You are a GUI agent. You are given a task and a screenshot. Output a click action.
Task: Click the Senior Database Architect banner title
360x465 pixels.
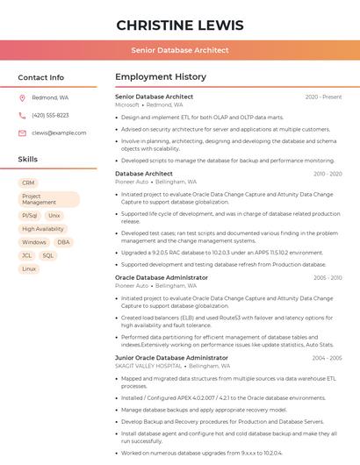[180, 51]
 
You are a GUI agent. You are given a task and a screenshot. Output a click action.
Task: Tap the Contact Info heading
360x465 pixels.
[41, 77]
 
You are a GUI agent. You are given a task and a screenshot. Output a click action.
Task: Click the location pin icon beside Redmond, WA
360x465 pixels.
[22, 98]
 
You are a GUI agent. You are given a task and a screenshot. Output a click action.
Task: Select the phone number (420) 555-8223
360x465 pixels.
[50, 115]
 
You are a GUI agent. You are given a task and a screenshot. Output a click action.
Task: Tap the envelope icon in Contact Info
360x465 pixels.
[22, 132]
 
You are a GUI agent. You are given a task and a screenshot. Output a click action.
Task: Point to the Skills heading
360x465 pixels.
[28, 160]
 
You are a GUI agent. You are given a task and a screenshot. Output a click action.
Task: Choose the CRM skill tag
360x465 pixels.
[29, 183]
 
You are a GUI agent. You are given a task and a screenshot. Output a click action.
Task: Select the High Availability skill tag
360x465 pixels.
[43, 229]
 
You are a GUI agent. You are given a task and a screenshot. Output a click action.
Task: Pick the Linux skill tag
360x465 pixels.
[29, 268]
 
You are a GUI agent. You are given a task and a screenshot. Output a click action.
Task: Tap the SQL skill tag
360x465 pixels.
[48, 255]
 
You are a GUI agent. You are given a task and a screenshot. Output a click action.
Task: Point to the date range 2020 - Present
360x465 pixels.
[323, 97]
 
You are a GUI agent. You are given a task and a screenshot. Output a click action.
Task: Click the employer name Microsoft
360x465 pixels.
[127, 104]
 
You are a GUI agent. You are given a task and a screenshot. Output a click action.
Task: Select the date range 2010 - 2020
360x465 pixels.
[328, 174]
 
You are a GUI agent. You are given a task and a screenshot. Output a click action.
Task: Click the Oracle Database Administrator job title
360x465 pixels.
[162, 277]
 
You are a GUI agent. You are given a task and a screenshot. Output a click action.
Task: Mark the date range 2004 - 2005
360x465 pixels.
[328, 358]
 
